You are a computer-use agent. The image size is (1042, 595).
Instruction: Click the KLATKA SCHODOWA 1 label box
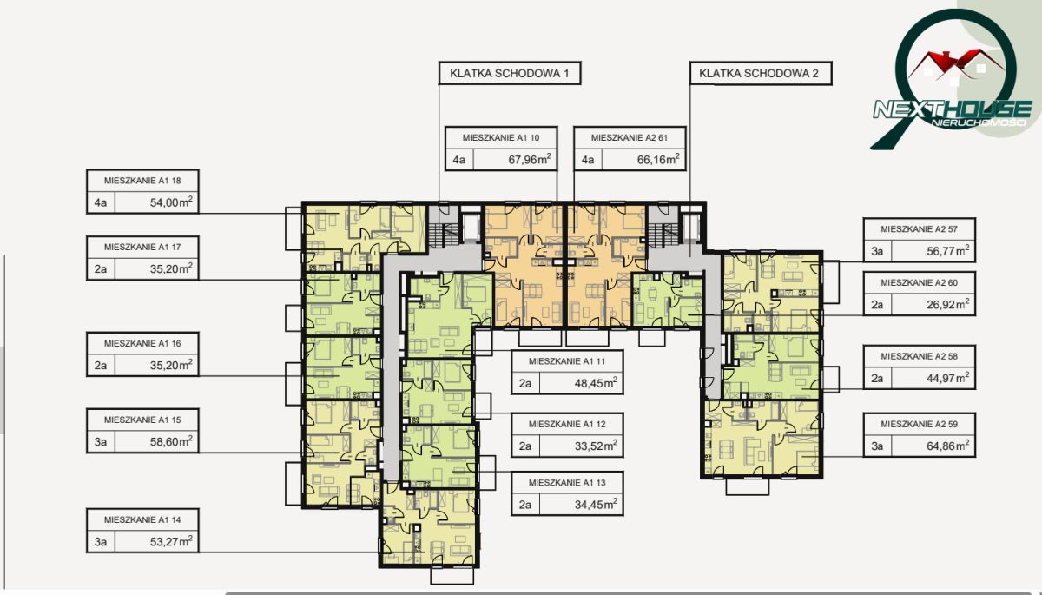(510, 73)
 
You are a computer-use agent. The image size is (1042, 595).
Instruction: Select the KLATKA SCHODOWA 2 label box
(761, 73)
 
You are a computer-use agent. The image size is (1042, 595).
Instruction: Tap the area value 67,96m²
(530, 160)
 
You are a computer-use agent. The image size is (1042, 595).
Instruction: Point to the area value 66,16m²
(658, 160)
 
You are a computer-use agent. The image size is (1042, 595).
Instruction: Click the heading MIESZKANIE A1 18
(142, 181)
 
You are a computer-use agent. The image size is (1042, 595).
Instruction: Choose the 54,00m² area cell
(157, 202)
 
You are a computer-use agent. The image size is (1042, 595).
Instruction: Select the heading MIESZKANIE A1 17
(142, 247)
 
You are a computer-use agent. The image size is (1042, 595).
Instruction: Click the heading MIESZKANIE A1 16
(142, 343)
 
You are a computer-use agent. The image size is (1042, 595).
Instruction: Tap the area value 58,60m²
(171, 441)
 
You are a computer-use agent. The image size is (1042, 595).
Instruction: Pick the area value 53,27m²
(171, 541)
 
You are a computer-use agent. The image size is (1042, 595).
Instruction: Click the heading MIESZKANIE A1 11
(567, 361)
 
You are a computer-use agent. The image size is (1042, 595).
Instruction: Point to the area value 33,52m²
(596, 446)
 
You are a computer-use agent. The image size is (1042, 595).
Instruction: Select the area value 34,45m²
(596, 505)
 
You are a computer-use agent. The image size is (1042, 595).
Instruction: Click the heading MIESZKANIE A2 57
(920, 229)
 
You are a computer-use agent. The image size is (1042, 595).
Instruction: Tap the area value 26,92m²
(948, 304)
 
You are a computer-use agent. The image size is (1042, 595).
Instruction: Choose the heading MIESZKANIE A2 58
(920, 356)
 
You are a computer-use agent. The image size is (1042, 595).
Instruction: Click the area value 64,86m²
(948, 446)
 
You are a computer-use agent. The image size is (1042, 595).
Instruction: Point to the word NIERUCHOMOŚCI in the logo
(979, 122)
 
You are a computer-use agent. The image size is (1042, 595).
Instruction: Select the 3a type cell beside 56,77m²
(877, 251)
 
